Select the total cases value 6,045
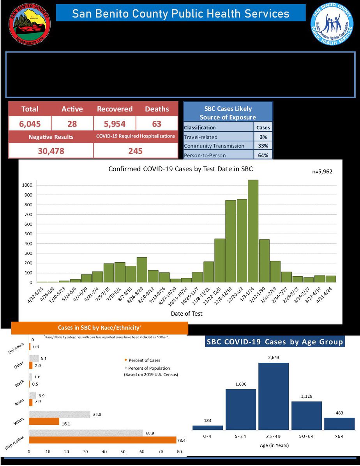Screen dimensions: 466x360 [30, 124]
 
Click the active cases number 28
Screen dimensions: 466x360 [72, 124]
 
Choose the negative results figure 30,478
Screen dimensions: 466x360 [51, 151]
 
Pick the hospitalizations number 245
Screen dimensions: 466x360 [135, 151]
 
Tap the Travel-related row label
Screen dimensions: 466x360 [201, 137]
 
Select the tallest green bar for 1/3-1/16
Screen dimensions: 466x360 [253, 231]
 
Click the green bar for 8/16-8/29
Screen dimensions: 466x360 [142, 270]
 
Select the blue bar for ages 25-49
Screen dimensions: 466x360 [274, 396]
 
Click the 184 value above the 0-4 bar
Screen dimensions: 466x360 [208, 420]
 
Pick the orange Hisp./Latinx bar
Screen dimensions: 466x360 [102, 440]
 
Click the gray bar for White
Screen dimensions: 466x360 [60, 414]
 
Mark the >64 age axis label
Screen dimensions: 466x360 [339, 437]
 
